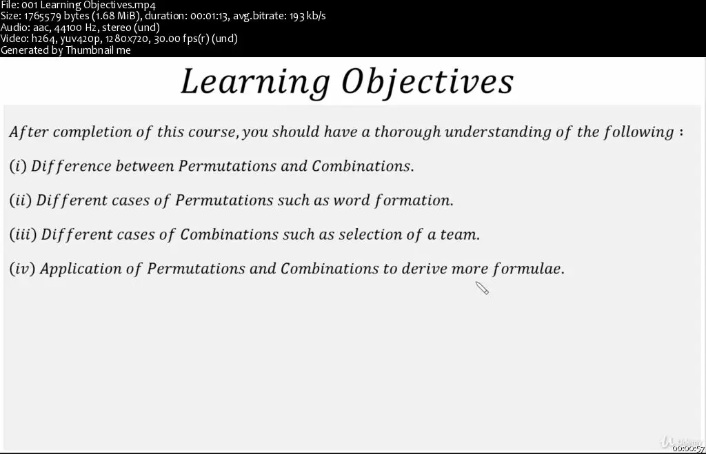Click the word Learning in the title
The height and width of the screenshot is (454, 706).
click(x=255, y=82)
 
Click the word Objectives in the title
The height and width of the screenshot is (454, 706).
click(x=427, y=82)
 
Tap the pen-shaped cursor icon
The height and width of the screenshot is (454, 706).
click(x=482, y=287)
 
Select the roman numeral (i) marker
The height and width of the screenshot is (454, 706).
click(x=18, y=166)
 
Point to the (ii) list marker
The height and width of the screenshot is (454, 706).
click(x=20, y=200)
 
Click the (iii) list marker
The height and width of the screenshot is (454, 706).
click(x=23, y=234)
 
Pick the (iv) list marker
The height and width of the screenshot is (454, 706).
click(x=22, y=269)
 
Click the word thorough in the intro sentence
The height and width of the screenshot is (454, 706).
click(x=407, y=132)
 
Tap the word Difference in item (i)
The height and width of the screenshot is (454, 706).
click(x=71, y=166)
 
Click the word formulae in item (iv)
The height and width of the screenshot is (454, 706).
click(x=528, y=269)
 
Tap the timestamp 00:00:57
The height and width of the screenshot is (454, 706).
click(x=689, y=448)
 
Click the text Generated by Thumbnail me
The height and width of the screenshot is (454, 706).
click(x=65, y=50)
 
